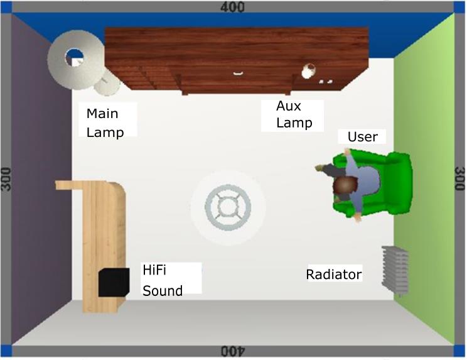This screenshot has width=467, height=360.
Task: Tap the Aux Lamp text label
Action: click(x=294, y=115)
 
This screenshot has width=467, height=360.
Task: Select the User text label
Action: click(x=362, y=137)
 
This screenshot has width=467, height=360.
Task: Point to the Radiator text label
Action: click(x=333, y=275)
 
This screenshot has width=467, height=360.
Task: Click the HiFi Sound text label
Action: click(x=162, y=280)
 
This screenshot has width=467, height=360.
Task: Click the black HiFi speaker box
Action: click(x=114, y=282)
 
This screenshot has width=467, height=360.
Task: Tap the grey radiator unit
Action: click(x=395, y=268)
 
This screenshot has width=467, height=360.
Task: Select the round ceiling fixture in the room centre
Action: click(x=228, y=207)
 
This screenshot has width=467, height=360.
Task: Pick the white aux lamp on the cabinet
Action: click(x=308, y=71)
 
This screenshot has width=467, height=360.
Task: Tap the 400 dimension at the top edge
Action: click(x=233, y=7)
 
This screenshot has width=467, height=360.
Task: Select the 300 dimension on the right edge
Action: click(x=459, y=180)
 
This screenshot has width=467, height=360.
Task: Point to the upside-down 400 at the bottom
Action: click(x=233, y=352)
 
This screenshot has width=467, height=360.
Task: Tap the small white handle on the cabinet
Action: click(x=238, y=74)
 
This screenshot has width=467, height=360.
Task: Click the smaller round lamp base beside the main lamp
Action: click(x=108, y=82)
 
